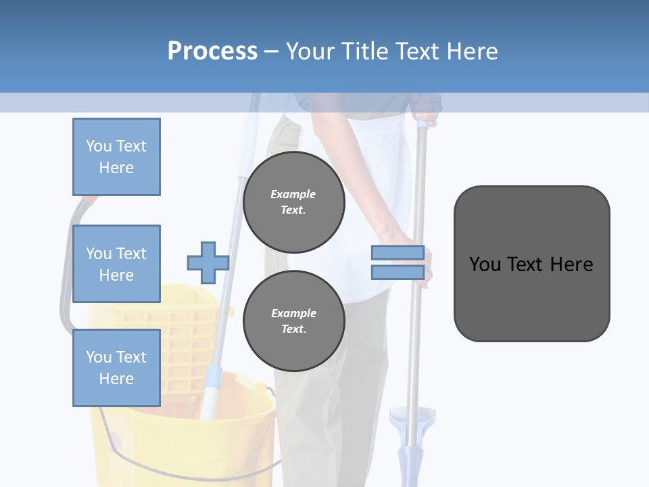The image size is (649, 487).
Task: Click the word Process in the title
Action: (212, 51)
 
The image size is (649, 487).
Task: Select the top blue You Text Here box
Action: (116, 157)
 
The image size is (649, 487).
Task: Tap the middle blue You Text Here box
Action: (116, 264)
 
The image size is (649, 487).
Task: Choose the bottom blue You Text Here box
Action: (116, 367)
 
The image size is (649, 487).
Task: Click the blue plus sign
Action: (208, 263)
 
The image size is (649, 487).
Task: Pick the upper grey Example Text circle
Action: (293, 202)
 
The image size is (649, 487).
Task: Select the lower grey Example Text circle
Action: (293, 321)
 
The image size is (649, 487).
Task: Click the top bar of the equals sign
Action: (398, 253)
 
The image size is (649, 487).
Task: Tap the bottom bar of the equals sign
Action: (398, 273)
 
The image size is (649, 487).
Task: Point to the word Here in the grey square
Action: (572, 264)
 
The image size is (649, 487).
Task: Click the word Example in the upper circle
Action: (293, 194)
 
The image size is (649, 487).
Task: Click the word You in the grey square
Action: (485, 264)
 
